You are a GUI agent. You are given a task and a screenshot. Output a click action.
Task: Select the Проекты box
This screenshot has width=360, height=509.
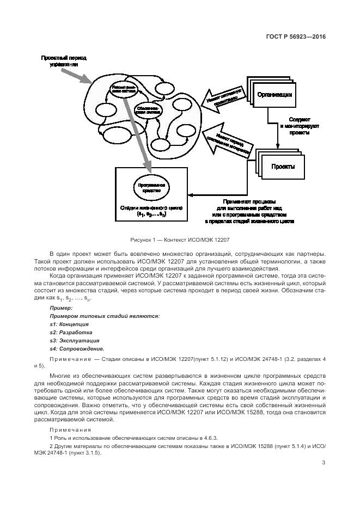[283, 167]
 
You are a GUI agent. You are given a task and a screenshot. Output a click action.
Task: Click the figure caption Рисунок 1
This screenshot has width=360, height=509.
[180, 240]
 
